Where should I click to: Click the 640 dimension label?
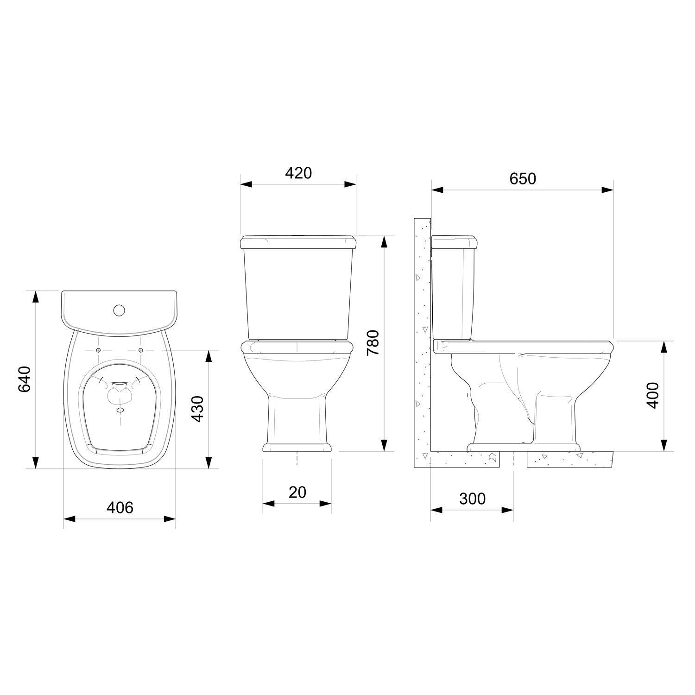pyautogui.click(x=24, y=379)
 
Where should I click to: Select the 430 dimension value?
pyautogui.click(x=198, y=409)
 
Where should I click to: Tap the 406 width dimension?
pyautogui.click(x=120, y=507)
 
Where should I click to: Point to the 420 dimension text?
pyautogui.click(x=298, y=173)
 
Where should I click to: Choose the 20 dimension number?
pyautogui.click(x=297, y=492)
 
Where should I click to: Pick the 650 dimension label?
pyautogui.click(x=523, y=178)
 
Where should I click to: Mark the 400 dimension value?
pyautogui.click(x=653, y=395)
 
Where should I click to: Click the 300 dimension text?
pyautogui.click(x=473, y=499)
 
